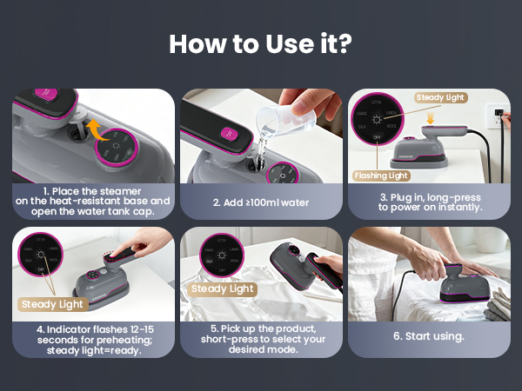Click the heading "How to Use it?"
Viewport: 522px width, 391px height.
[260, 43]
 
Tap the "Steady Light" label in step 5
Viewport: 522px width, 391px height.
[222, 288]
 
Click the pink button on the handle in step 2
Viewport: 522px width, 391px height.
[229, 132]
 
